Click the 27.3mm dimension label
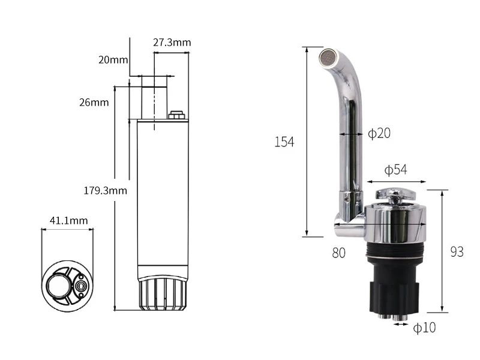click(172, 42)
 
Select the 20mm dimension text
click(113, 59)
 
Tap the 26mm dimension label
click(94, 102)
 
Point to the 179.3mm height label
click(106, 190)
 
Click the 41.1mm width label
click(68, 220)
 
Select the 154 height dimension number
click(284, 142)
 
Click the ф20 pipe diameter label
click(379, 133)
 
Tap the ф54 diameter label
click(395, 170)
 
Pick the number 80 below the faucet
click(338, 253)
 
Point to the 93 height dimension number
click(457, 252)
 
